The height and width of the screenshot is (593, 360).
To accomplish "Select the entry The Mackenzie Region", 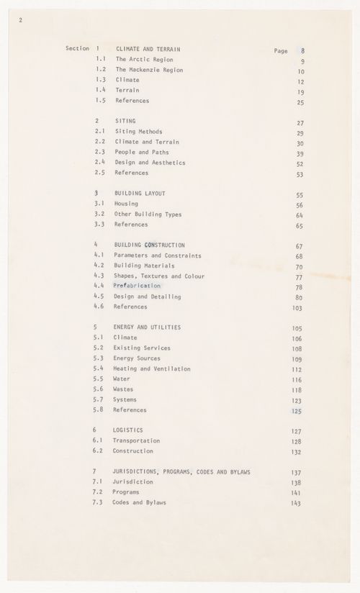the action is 150,70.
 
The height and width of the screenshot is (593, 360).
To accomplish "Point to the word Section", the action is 77,49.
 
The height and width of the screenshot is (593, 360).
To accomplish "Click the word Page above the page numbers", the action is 281,51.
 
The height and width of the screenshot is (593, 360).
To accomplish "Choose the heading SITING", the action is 126,122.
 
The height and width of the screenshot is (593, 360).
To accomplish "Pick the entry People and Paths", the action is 140,153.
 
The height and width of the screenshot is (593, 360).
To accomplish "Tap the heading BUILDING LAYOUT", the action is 140,194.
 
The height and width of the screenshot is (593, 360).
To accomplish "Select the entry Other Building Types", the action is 148,214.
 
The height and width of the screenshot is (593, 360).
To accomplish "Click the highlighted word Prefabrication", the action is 137,286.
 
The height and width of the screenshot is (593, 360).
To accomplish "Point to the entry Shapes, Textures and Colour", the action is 158,276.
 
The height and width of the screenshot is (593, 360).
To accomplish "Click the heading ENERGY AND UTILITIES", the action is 148,327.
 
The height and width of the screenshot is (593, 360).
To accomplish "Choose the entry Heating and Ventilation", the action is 152,369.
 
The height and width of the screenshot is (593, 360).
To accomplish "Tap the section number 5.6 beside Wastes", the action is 99,389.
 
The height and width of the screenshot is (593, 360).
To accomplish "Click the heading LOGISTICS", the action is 130,430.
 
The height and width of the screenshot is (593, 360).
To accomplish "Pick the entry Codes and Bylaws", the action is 140,502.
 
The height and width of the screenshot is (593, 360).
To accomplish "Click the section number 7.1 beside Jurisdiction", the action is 99,481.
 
